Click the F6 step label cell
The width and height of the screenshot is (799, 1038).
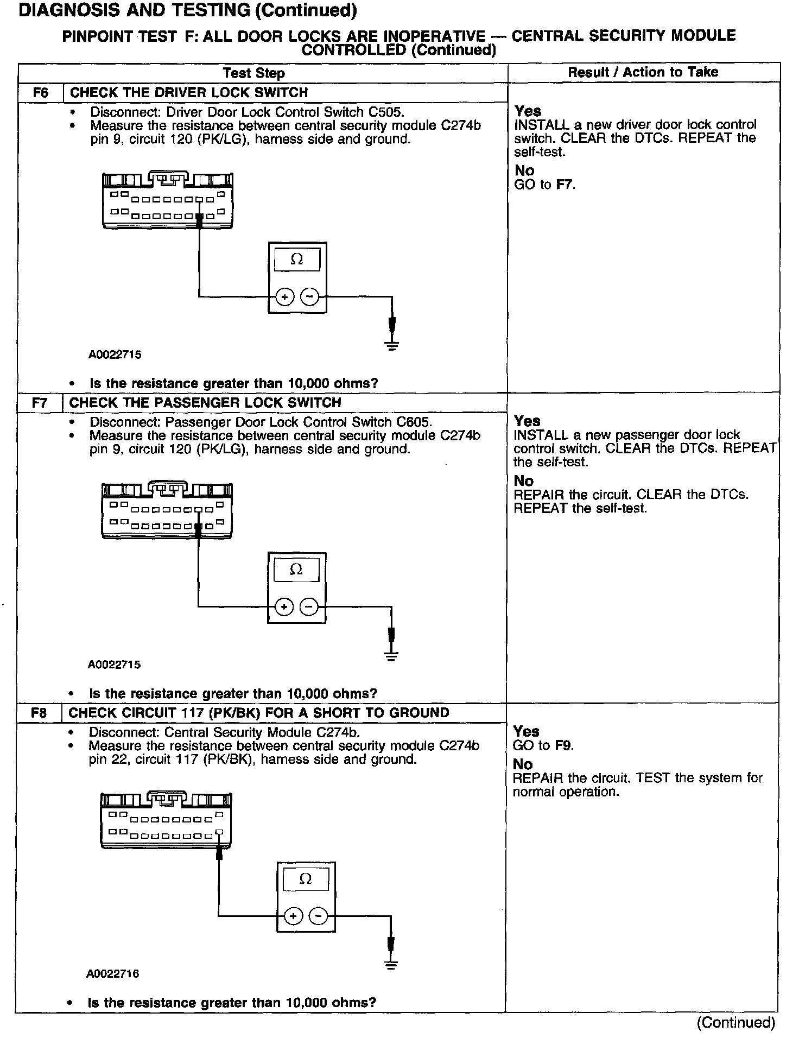(41, 92)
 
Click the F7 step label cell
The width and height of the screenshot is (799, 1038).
(40, 403)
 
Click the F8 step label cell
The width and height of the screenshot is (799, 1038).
(39, 713)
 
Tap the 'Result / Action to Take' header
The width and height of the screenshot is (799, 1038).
(643, 72)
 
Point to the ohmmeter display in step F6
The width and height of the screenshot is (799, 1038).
(297, 260)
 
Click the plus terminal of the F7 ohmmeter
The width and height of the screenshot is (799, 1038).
(284, 607)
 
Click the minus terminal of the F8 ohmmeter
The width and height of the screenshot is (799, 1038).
(318, 916)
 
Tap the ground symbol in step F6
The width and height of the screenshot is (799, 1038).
(392, 344)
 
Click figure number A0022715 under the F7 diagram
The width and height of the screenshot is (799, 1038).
(114, 664)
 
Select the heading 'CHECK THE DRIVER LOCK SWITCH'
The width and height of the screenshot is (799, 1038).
(189, 92)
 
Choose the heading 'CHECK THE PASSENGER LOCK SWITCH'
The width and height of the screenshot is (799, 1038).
(205, 403)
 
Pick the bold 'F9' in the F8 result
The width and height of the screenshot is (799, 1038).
(564, 745)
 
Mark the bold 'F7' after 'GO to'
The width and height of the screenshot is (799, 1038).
(565, 185)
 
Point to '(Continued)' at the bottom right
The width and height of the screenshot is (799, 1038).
(735, 1023)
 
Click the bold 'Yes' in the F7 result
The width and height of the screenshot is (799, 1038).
(527, 421)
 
